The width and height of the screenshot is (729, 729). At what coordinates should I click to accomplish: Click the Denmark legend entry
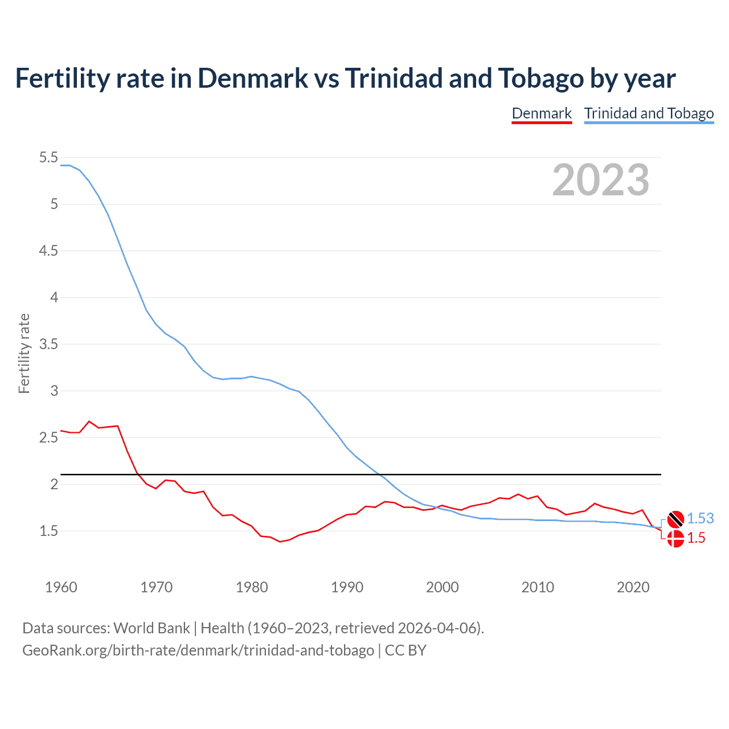(x=542, y=113)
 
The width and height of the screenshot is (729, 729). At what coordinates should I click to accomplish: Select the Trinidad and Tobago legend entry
(x=649, y=113)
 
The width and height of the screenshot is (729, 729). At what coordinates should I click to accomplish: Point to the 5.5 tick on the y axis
(x=48, y=158)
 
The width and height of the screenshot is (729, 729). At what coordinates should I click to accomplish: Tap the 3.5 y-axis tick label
(x=48, y=345)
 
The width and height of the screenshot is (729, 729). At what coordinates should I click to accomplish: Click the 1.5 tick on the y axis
(x=48, y=531)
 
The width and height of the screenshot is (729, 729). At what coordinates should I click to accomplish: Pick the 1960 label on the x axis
(x=61, y=587)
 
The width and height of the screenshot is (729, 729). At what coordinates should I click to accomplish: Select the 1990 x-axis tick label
(x=347, y=587)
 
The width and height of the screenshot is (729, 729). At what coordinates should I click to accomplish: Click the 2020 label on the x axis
(x=633, y=587)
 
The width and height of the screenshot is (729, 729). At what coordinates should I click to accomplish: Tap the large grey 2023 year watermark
(x=601, y=180)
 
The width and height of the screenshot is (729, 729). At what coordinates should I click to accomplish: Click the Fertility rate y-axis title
(x=24, y=353)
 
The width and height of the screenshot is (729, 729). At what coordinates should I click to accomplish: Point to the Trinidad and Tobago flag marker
(x=675, y=519)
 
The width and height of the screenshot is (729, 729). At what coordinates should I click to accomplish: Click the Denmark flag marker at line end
(x=675, y=539)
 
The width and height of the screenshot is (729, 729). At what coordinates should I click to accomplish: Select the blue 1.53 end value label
(x=700, y=519)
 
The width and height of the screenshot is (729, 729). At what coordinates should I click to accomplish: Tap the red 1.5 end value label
(x=696, y=538)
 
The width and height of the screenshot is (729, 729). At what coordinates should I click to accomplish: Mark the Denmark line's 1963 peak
(x=89, y=421)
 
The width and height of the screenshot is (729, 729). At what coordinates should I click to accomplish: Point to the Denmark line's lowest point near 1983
(x=280, y=542)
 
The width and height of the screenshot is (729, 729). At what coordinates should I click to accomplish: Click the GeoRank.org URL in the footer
(x=198, y=650)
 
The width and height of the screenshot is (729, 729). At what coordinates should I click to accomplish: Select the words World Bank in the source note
(x=151, y=628)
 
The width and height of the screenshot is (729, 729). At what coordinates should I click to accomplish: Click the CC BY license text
(x=406, y=650)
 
